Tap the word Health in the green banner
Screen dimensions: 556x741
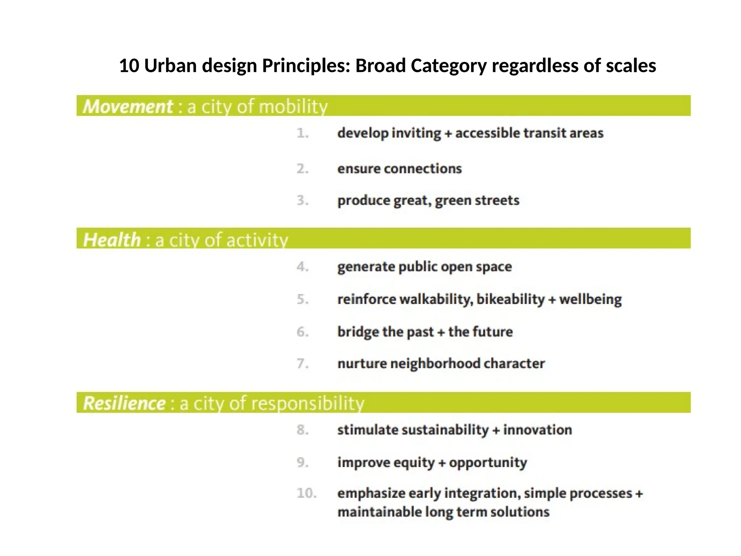pos(112,240)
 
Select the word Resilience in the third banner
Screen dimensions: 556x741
pos(124,403)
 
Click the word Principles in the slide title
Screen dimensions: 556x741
pos(306,66)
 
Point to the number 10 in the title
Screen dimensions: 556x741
pos(129,66)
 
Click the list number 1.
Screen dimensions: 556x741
pos(302,133)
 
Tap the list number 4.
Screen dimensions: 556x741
pos(302,267)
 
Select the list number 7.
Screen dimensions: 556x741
pos(302,363)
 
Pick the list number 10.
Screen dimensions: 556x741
pos(306,493)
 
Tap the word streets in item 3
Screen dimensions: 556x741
pos(497,201)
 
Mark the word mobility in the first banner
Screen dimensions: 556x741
pos(293,107)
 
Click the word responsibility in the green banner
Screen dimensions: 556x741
pos(308,403)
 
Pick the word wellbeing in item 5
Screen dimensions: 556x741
pos(590,299)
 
